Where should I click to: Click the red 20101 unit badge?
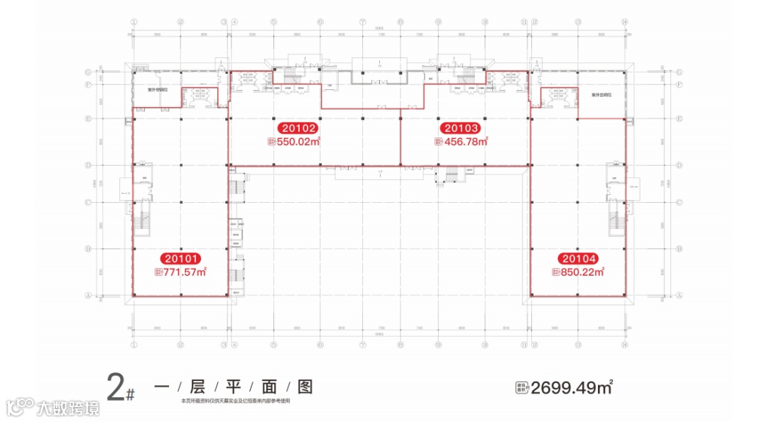tap(180, 259)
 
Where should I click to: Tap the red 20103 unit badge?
tap(462, 129)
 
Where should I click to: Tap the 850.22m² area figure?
tap(582, 271)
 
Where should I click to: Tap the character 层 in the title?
tap(197, 387)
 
